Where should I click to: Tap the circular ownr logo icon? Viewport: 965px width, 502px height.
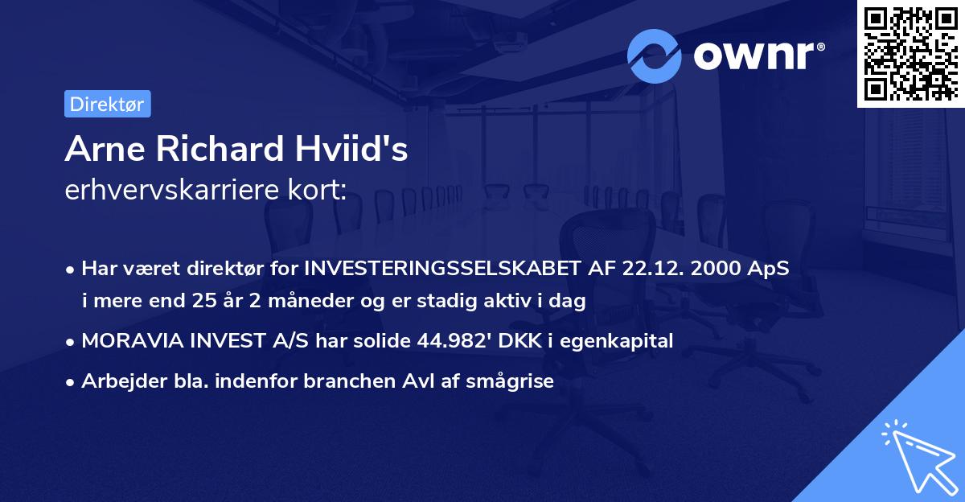click(655, 56)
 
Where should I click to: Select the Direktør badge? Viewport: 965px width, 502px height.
click(107, 104)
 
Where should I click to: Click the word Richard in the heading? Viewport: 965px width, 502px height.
click(219, 150)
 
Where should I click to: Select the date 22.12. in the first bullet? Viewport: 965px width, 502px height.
click(650, 269)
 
